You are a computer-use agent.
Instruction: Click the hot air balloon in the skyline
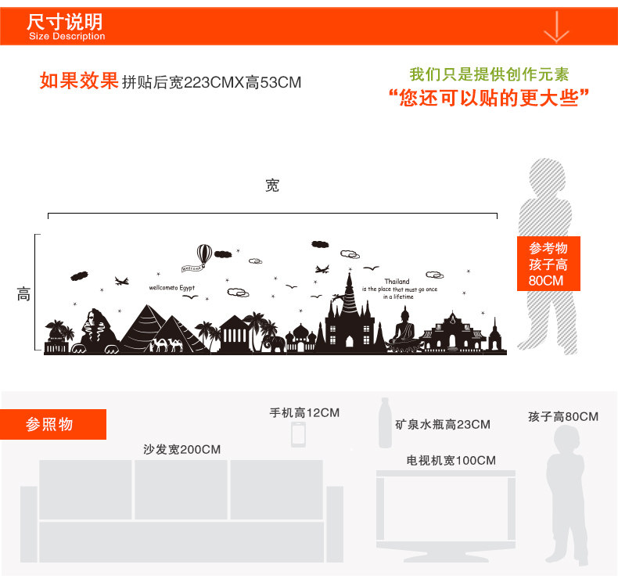[203, 254]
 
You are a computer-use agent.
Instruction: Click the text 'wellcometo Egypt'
[171, 288]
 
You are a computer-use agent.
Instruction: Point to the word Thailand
[397, 282]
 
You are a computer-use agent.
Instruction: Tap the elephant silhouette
[274, 344]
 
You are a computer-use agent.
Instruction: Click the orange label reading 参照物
[50, 424]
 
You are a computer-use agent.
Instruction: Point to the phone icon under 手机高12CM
[298, 434]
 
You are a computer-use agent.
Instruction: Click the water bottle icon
[385, 423]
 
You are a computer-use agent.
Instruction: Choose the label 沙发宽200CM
[181, 449]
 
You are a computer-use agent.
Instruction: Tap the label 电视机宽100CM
[451, 460]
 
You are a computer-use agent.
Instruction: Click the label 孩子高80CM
[562, 417]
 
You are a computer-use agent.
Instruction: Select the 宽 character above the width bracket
[272, 186]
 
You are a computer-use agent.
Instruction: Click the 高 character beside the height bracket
[24, 295]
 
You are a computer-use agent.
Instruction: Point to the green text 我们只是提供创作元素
[489, 75]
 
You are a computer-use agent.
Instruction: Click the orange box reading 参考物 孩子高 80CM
[548, 264]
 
